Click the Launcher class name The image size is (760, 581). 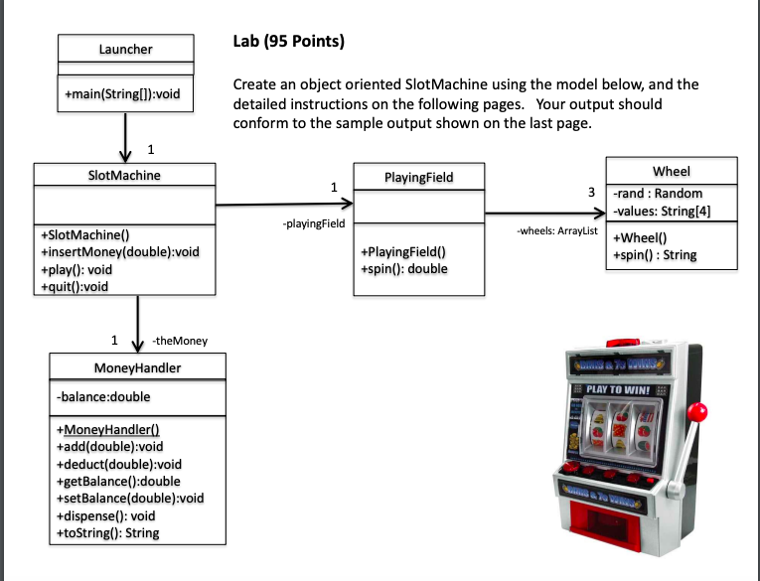pyautogui.click(x=125, y=49)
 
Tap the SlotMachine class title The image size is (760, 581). pyautogui.click(x=124, y=175)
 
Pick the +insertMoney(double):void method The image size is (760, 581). pyautogui.click(x=120, y=252)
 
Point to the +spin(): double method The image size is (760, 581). pyautogui.click(x=404, y=268)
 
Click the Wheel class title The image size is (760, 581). pyautogui.click(x=672, y=172)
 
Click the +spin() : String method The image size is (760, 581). pyautogui.click(x=655, y=254)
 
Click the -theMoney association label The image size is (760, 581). pyautogui.click(x=180, y=341)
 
